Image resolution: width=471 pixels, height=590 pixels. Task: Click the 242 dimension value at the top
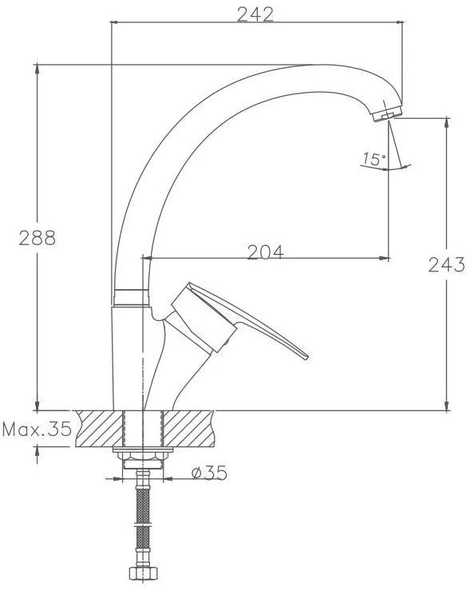point(255,14)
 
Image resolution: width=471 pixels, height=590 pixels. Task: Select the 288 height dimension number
point(38,238)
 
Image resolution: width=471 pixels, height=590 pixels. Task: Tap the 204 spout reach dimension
point(266,252)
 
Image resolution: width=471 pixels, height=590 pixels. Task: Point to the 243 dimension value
point(447,264)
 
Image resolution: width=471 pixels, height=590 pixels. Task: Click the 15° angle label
point(374,160)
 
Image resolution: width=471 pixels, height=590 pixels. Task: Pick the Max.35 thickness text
point(37,429)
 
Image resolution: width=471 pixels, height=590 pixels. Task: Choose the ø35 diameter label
point(209,473)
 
